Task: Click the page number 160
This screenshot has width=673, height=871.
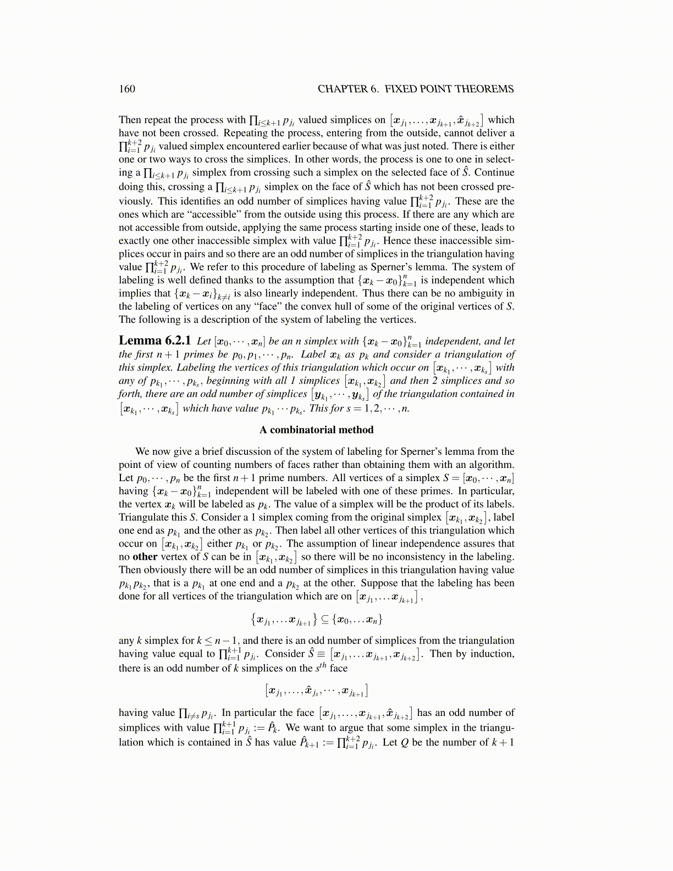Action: pyautogui.click(x=127, y=89)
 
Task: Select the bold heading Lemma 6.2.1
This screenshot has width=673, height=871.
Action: pyautogui.click(x=155, y=341)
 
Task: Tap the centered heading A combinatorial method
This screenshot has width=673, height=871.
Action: pyautogui.click(x=316, y=430)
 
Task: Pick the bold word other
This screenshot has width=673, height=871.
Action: pyautogui.click(x=145, y=556)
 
